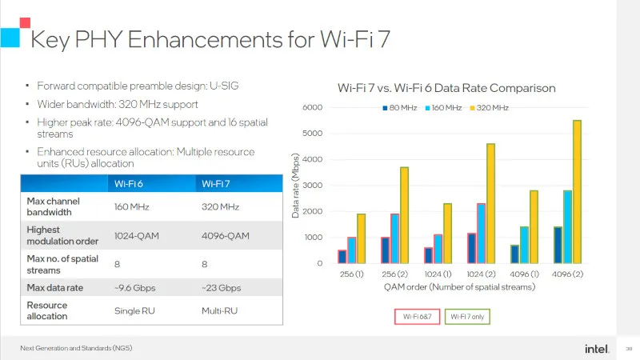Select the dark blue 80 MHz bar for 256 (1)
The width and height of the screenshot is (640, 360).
point(342,257)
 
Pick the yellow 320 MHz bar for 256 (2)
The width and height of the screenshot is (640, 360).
point(404,215)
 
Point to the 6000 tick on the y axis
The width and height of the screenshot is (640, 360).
point(313,107)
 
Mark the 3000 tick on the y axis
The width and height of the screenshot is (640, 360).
point(313,186)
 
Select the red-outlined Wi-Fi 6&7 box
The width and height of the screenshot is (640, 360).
point(417,317)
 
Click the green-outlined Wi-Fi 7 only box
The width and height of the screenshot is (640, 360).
point(466,317)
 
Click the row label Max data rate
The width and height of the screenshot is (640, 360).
point(54,286)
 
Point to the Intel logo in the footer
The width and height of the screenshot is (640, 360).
point(594,348)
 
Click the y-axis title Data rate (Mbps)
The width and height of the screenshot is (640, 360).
point(295,186)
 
